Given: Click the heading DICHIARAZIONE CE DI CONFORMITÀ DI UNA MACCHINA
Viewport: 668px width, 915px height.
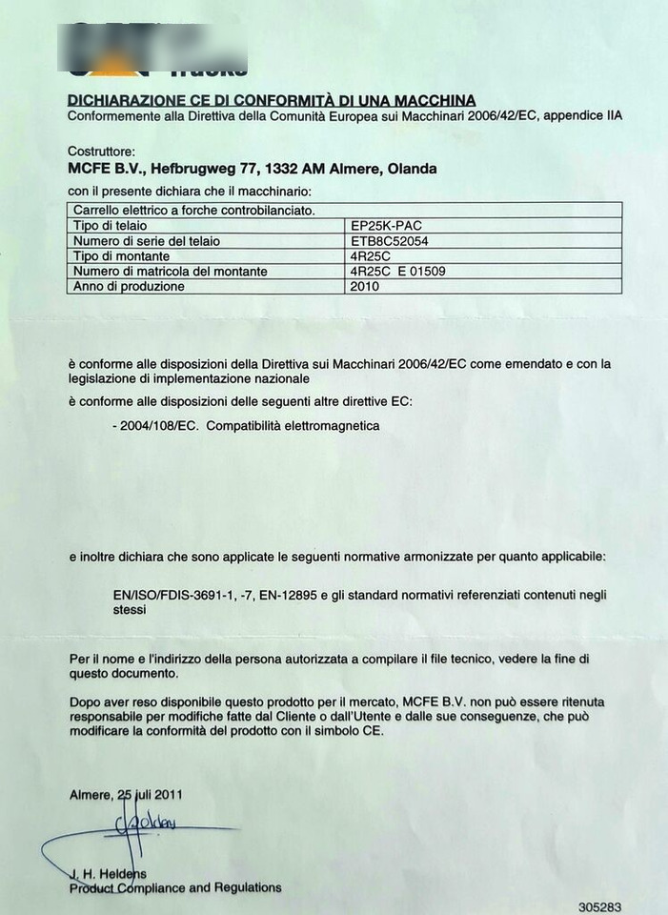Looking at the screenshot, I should pos(272,100).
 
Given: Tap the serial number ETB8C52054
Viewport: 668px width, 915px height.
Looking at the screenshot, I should pos(390,241).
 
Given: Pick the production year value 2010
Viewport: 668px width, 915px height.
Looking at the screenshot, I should pos(364,286).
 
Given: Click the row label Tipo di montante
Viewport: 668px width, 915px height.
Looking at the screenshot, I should pos(121,256).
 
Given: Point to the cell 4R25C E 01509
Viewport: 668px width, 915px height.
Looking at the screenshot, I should pos(398,272).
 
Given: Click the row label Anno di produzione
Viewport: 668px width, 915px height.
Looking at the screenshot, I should pos(129,286).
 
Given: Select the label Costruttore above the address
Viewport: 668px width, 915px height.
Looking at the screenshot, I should pos(102,152).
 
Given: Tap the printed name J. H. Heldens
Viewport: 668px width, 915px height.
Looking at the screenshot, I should pos(108,872).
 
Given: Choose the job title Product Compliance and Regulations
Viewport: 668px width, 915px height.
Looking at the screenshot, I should pos(175,887).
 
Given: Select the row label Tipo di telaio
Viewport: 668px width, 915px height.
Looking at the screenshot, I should pos(110,226).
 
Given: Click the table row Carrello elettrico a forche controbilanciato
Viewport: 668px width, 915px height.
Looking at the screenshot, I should pos(194,210).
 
